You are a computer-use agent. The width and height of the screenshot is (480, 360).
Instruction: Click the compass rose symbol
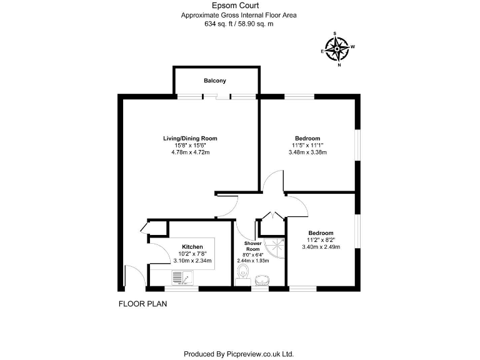pos(338,48)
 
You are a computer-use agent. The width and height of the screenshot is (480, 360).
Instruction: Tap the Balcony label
pos(214,81)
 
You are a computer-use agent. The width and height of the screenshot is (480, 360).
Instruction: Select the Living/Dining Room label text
pos(190,138)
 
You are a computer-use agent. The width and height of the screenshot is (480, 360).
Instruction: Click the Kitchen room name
pos(192,246)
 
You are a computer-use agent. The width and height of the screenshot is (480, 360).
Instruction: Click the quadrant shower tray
pos(272,247)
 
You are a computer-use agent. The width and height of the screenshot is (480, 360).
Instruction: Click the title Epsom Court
pos(239,6)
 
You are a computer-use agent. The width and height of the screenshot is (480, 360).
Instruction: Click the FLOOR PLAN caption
pos(142,304)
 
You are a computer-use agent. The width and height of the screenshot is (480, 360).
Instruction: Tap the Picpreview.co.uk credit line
pos(238,353)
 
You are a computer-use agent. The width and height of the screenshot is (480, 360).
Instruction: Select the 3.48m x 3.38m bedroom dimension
pos(307,152)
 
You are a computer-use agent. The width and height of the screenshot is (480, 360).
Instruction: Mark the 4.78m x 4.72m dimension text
pos(190,152)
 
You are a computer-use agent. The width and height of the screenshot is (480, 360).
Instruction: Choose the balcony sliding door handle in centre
pos(217,97)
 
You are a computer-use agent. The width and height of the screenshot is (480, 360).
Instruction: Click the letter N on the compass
pos(339,64)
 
